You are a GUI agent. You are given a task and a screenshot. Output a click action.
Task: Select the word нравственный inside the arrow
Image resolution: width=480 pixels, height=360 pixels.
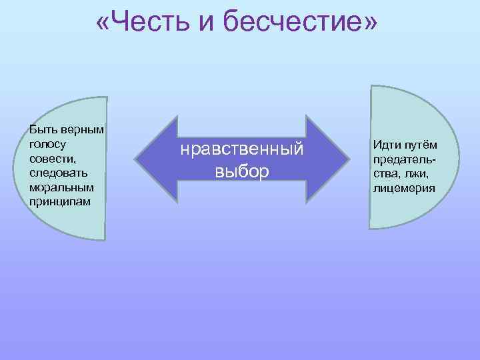coord(241,150)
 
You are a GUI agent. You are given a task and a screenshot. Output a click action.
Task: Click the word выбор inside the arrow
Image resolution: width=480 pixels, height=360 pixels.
coord(241,171)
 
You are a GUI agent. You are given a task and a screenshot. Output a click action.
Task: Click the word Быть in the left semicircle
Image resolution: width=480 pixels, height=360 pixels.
coord(41,129)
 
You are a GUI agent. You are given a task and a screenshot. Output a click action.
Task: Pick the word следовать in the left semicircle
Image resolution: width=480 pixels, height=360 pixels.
coord(57,172)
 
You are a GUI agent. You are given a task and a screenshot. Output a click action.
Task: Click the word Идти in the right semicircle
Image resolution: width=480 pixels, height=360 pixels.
coord(386,145)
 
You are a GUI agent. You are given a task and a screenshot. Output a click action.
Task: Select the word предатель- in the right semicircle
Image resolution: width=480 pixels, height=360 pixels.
coord(404,160)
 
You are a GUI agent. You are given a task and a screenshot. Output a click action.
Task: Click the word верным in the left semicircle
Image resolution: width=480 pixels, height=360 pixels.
coord(84,129)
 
